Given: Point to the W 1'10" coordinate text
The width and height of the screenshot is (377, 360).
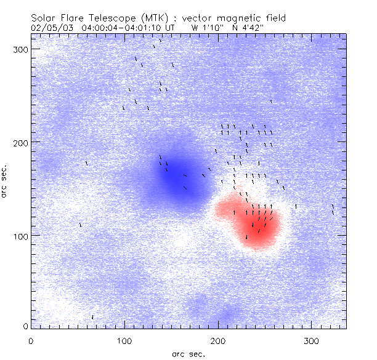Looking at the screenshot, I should pyautogui.click(x=206, y=28).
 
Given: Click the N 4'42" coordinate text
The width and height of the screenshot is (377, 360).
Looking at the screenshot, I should pyautogui.click(x=248, y=28).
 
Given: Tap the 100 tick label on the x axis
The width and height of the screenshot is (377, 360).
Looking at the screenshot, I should pyautogui.click(x=124, y=340).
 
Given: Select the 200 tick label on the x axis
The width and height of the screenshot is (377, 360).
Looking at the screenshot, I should pyautogui.click(x=218, y=340).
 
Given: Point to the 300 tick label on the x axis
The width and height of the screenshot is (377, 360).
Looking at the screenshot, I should pyautogui.click(x=312, y=340).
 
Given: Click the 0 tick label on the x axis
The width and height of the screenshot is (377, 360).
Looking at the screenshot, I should pyautogui.click(x=31, y=340).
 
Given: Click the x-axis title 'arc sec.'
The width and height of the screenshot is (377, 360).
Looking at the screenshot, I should pyautogui.click(x=188, y=354).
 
